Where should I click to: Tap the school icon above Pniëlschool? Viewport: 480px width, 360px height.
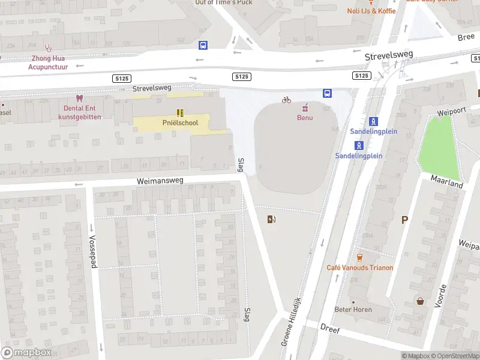(x=179, y=112)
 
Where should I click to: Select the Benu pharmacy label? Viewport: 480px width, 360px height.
(x=305, y=118)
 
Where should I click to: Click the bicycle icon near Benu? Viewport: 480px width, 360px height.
(x=286, y=100)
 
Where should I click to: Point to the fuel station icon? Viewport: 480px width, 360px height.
(x=272, y=219)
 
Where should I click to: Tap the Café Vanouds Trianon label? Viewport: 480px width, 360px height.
(x=359, y=268)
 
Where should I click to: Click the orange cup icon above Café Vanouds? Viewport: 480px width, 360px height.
(x=359, y=257)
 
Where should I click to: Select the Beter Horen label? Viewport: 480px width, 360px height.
(x=353, y=310)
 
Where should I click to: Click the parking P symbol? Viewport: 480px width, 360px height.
(x=404, y=220)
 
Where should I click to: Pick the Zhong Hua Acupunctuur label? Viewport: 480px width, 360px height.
(x=49, y=62)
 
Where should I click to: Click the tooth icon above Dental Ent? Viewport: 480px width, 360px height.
(x=78, y=98)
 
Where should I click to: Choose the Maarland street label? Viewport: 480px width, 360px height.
(x=447, y=181)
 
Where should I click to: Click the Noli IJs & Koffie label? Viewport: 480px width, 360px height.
(x=371, y=11)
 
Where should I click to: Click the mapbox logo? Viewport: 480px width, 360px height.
(x=26, y=353)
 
